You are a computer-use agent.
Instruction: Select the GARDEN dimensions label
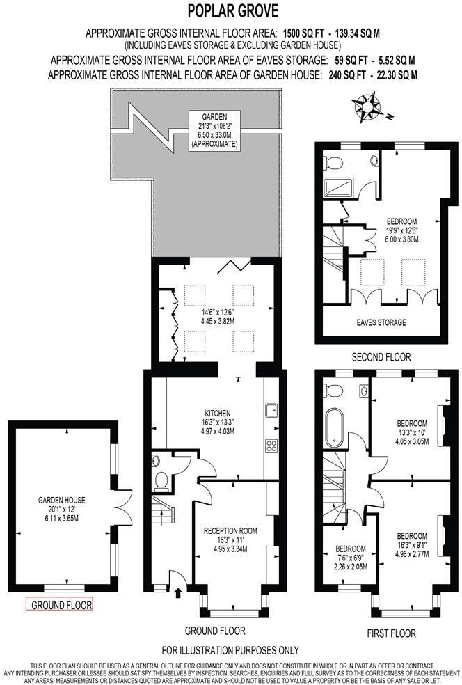(x=214, y=130)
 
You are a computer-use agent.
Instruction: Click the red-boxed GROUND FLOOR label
(x=58, y=604)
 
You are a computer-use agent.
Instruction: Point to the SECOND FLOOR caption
(x=381, y=356)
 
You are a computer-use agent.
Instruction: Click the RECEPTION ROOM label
(x=230, y=540)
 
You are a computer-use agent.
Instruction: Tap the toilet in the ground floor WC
(x=162, y=479)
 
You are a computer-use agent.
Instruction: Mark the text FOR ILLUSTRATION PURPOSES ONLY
(x=230, y=651)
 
